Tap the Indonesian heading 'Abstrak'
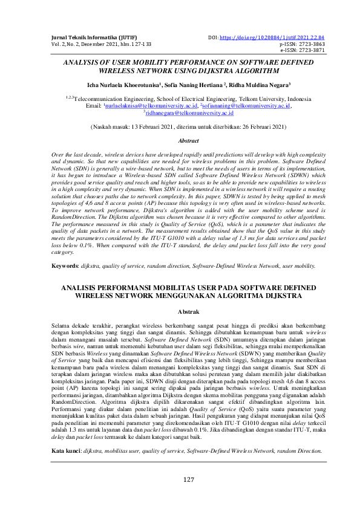[188, 312]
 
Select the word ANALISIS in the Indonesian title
[84, 288]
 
